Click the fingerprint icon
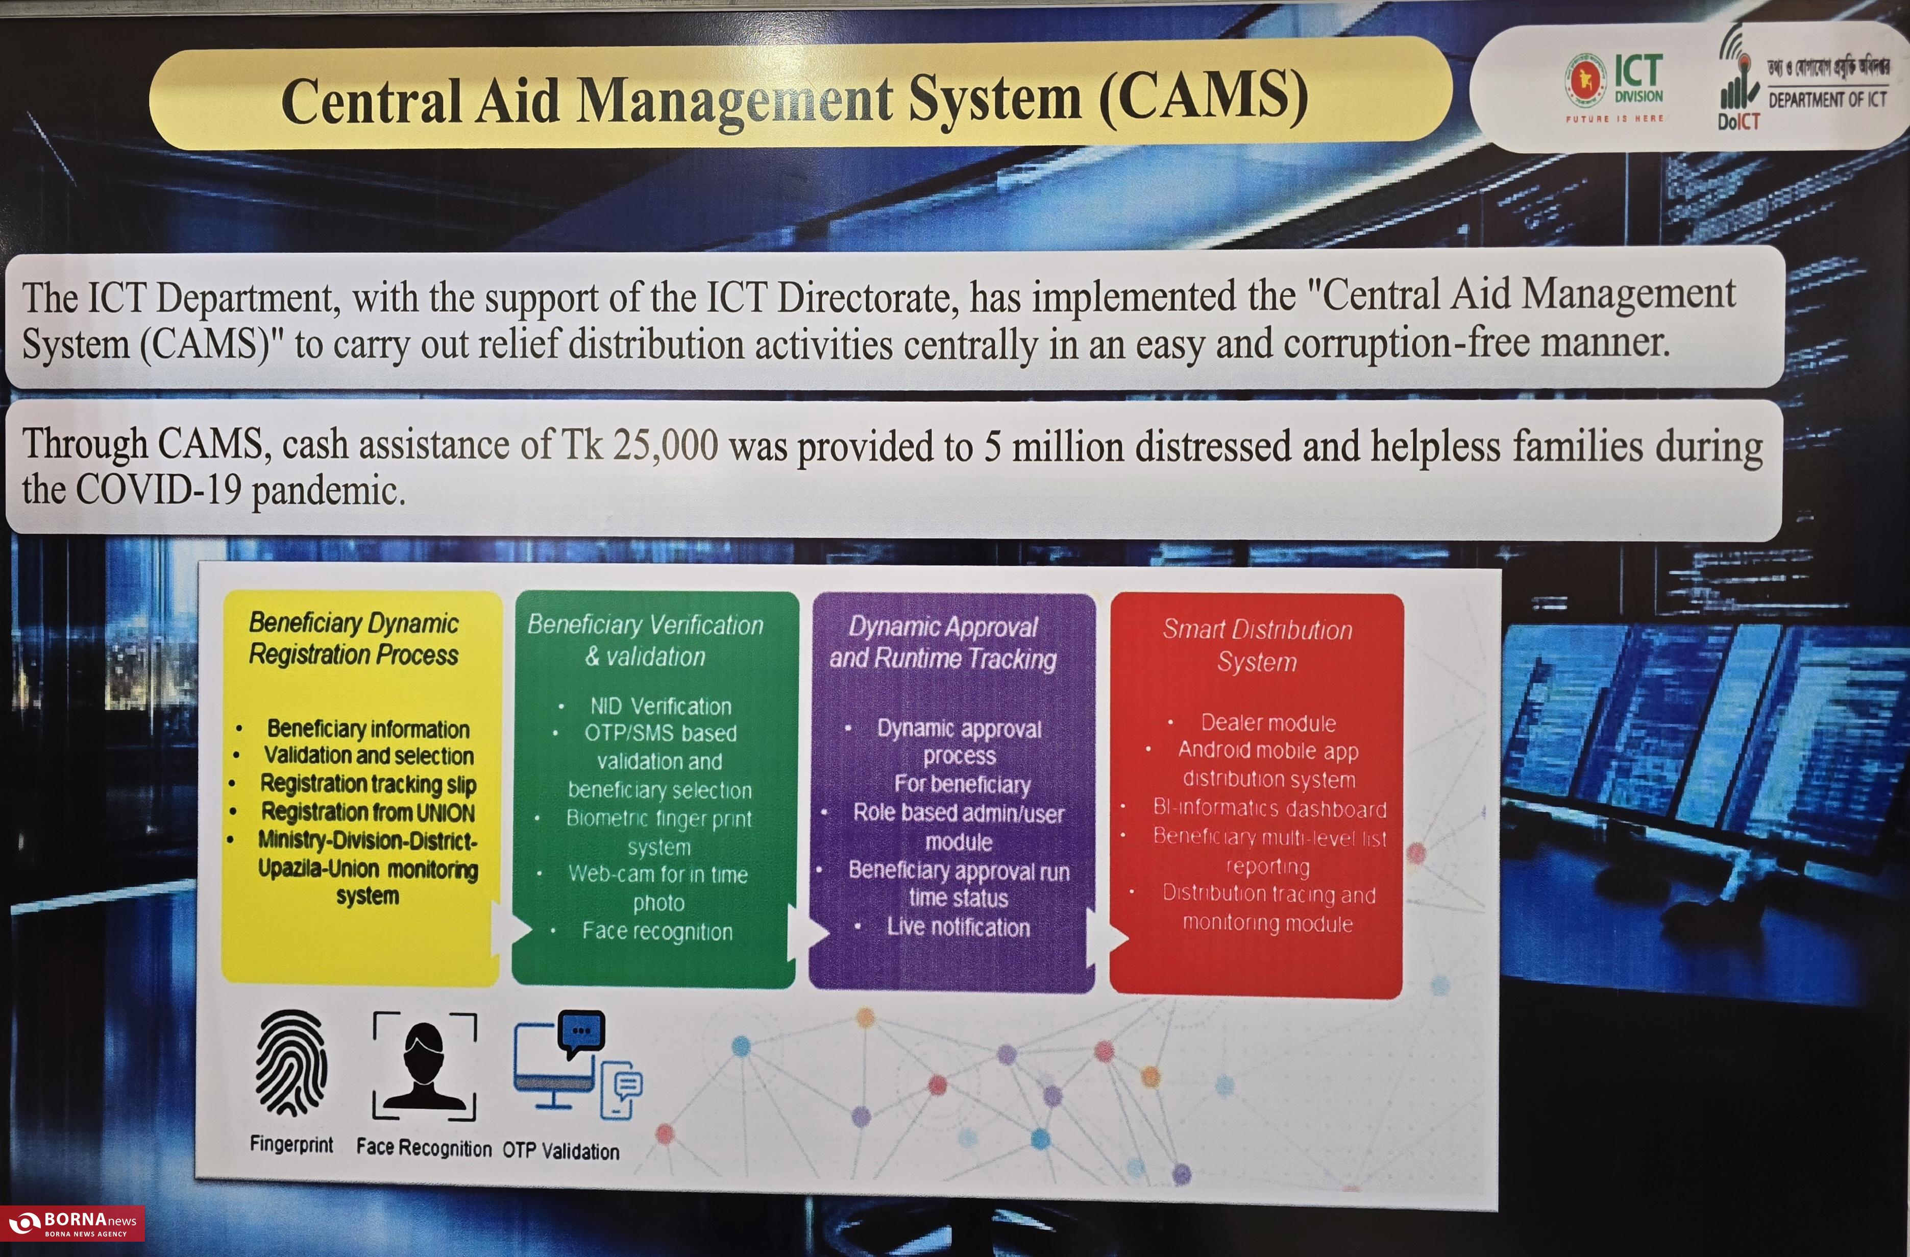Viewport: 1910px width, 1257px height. (290, 1063)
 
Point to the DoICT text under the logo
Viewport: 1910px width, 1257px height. (1738, 121)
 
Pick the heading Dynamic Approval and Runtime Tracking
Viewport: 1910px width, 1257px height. (943, 642)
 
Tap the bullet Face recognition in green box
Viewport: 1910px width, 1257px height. (657, 931)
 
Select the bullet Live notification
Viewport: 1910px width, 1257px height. (958, 927)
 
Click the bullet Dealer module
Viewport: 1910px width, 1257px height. (1268, 722)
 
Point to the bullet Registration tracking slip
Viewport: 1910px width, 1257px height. (369, 783)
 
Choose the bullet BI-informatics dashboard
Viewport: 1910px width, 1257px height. (1269, 808)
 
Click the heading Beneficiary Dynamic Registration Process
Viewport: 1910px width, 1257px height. (353, 638)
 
